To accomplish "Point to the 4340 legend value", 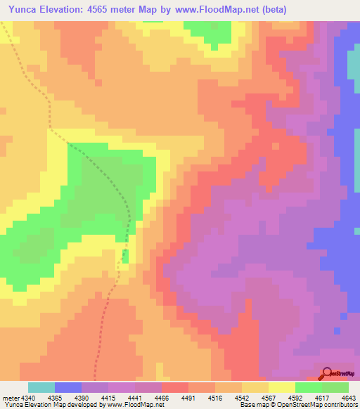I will (x=30, y=398).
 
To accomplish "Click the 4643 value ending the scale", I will (x=347, y=398).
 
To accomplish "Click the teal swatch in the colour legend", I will (x=41, y=387).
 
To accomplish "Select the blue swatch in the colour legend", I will (x=68, y=387).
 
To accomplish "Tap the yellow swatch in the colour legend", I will (x=282, y=387).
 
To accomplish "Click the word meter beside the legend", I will (x=10, y=398).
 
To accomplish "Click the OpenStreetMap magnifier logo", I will (x=328, y=372).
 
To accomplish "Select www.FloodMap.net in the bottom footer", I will (x=134, y=405).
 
